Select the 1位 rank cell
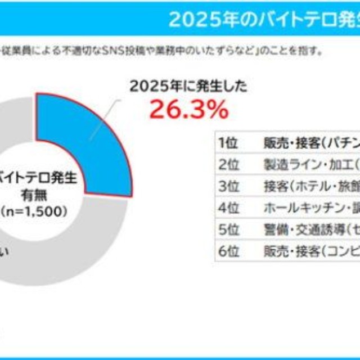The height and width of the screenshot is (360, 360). [228, 142]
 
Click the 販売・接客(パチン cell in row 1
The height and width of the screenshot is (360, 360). [310, 142]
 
